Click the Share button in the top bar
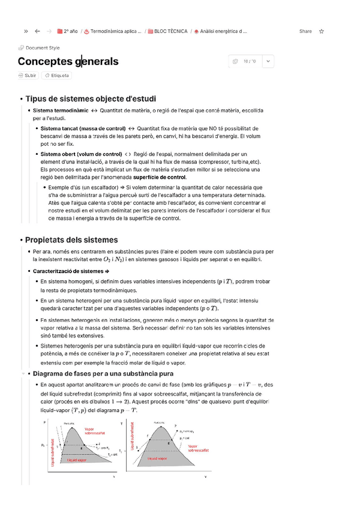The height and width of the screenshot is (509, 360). (305, 31)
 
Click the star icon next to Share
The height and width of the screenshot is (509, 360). (322, 31)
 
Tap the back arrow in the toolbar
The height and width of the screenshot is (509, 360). (37, 31)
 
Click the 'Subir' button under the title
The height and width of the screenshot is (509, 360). (28, 76)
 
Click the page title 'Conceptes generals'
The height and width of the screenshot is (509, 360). (68, 61)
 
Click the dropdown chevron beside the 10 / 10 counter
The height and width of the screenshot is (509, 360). (268, 61)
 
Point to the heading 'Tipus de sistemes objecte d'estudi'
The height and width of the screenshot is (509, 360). (91, 98)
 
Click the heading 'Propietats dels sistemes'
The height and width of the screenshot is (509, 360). (71, 240)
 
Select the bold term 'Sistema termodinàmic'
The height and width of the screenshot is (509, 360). (61, 110)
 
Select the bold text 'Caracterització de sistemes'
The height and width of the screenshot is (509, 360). (67, 271)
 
